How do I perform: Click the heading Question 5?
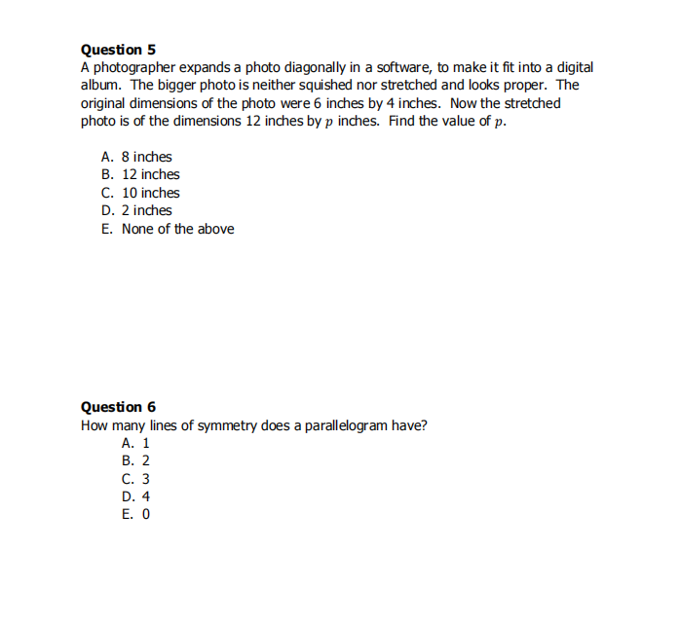coord(118,50)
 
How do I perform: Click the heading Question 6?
coord(118,407)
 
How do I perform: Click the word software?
coord(383,67)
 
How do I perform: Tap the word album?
coord(99,85)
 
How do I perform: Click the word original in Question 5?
coord(104,103)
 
